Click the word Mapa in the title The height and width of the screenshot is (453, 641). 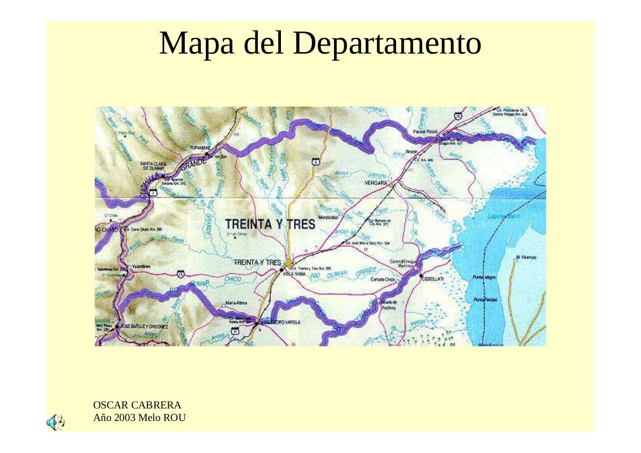197,44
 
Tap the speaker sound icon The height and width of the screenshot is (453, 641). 55,422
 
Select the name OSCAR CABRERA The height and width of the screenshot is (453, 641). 137,405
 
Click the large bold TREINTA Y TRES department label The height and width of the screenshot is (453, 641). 270,224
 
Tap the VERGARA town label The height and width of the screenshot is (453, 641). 377,184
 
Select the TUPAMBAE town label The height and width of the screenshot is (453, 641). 200,148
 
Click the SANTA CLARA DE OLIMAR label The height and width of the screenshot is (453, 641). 153,166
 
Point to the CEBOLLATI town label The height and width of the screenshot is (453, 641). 433,279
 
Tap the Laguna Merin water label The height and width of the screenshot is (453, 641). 504,217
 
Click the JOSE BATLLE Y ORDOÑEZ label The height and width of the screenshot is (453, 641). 144,326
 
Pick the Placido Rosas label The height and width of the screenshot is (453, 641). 425,131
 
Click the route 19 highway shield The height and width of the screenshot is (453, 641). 181,274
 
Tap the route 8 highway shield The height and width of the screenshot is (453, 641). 315,161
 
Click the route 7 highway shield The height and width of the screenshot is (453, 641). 153,192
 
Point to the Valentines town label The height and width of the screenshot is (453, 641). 140,267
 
